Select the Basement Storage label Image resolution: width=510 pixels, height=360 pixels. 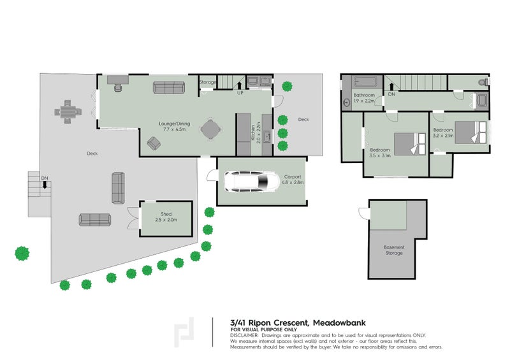click(393, 250)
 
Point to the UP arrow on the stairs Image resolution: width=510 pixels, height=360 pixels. click(240, 84)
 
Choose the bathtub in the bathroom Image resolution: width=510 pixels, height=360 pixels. click(360, 82)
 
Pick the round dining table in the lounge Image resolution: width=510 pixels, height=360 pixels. click(211, 129)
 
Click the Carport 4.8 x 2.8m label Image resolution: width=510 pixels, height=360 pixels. click(293, 180)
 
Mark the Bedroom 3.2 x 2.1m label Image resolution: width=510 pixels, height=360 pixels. click(443, 133)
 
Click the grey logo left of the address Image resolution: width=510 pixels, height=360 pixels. click(186, 332)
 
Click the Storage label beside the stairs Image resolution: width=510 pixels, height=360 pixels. click(208, 82)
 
